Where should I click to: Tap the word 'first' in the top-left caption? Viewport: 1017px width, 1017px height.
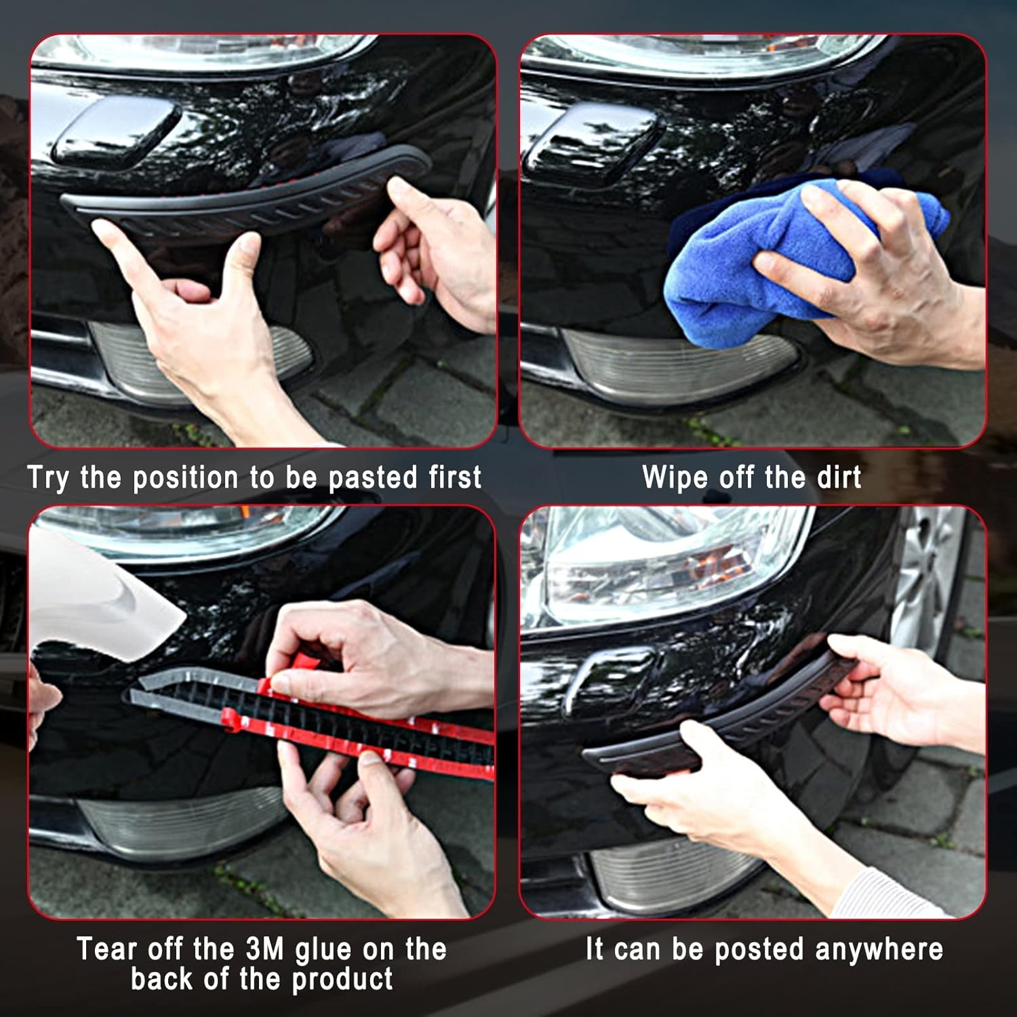pyautogui.click(x=455, y=477)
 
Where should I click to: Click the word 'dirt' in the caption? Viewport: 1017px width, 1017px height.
pyautogui.click(x=839, y=477)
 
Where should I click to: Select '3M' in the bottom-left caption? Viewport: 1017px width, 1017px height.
pyautogui.click(x=264, y=949)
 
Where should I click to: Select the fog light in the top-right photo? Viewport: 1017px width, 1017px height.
pyautogui.click(x=678, y=366)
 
